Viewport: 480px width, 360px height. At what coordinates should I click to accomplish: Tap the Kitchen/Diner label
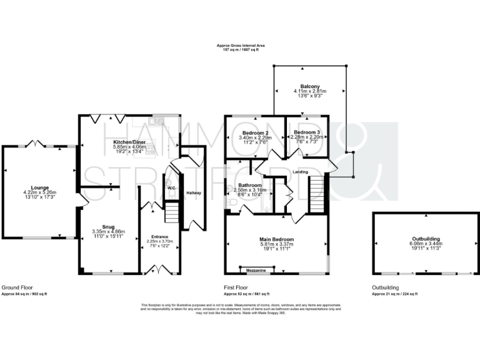(x=129, y=142)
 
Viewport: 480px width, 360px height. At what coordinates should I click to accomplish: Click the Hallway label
(x=194, y=192)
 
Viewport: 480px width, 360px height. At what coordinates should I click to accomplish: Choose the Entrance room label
(x=161, y=236)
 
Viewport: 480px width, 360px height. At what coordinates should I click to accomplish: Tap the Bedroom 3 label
(x=307, y=132)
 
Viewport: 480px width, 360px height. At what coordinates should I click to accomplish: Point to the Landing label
(x=292, y=172)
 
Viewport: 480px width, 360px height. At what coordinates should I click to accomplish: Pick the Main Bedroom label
(x=276, y=239)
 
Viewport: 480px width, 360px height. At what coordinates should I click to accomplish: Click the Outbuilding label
(x=425, y=239)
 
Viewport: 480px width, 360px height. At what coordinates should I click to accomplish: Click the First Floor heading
(x=237, y=287)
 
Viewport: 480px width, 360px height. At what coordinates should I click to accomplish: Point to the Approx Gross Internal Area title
(x=241, y=46)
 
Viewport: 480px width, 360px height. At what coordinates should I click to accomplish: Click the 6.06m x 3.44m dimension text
(x=425, y=244)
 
